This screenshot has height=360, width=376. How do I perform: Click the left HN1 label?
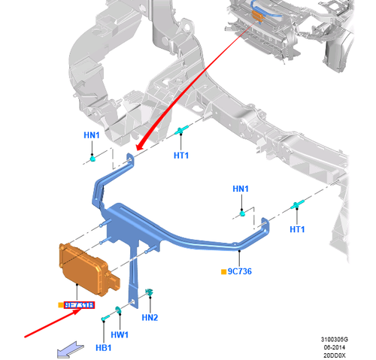(x=92, y=136)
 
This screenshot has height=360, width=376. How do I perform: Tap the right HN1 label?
(x=240, y=189)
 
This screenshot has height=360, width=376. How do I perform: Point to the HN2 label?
(x=150, y=318)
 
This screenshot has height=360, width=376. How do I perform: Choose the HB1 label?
(x=103, y=347)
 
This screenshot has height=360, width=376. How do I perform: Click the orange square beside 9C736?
(x=223, y=271)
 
